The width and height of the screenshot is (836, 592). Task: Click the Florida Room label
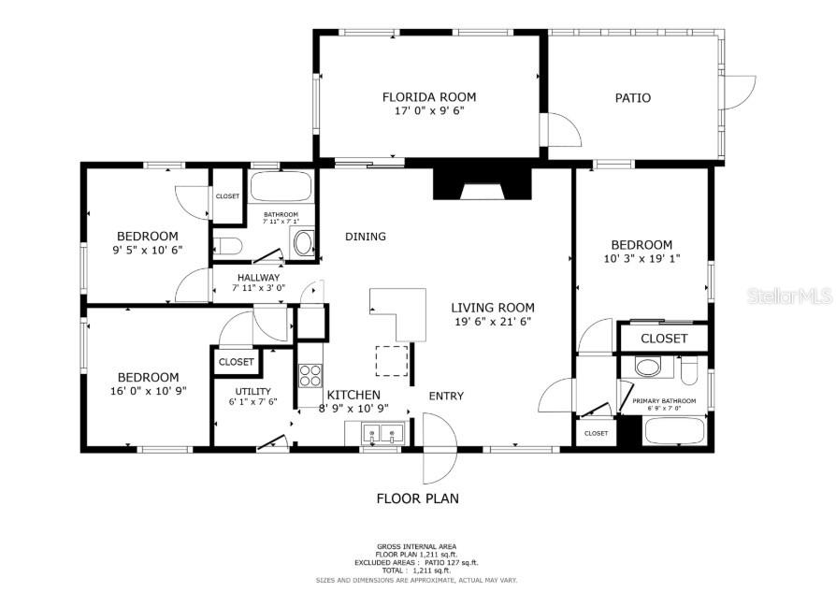pyautogui.click(x=429, y=97)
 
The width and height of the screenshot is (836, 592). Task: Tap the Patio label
pyautogui.click(x=632, y=98)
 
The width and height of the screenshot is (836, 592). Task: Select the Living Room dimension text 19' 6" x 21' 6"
pyautogui.click(x=493, y=322)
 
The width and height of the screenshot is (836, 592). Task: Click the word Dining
pyautogui.click(x=365, y=237)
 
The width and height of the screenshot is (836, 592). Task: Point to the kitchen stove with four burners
pyautogui.click(x=310, y=375)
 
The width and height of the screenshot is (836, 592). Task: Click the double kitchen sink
pyautogui.click(x=380, y=434)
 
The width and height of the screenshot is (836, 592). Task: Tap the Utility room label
pyautogui.click(x=252, y=391)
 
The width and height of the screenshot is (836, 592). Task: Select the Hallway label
pyautogui.click(x=258, y=278)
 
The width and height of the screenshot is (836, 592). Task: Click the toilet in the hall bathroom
pyautogui.click(x=227, y=247)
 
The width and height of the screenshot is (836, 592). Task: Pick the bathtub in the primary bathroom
pyautogui.click(x=675, y=432)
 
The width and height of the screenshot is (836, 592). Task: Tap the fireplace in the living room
pyautogui.click(x=482, y=184)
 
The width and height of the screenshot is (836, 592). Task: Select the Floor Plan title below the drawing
pyautogui.click(x=417, y=498)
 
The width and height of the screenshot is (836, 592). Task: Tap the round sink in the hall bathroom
pyautogui.click(x=304, y=244)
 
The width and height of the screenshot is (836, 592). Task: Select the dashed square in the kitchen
pyautogui.click(x=392, y=360)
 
